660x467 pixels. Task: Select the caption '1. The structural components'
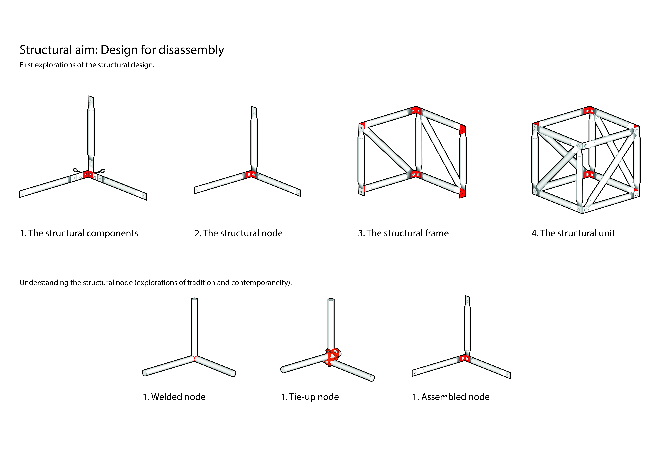(79, 233)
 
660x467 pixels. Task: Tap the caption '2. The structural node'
(238, 233)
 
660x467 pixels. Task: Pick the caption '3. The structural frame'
(403, 233)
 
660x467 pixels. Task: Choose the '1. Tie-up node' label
(310, 397)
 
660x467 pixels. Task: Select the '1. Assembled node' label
(451, 397)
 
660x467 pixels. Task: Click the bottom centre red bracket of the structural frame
(416, 174)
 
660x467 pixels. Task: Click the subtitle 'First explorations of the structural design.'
(87, 65)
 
